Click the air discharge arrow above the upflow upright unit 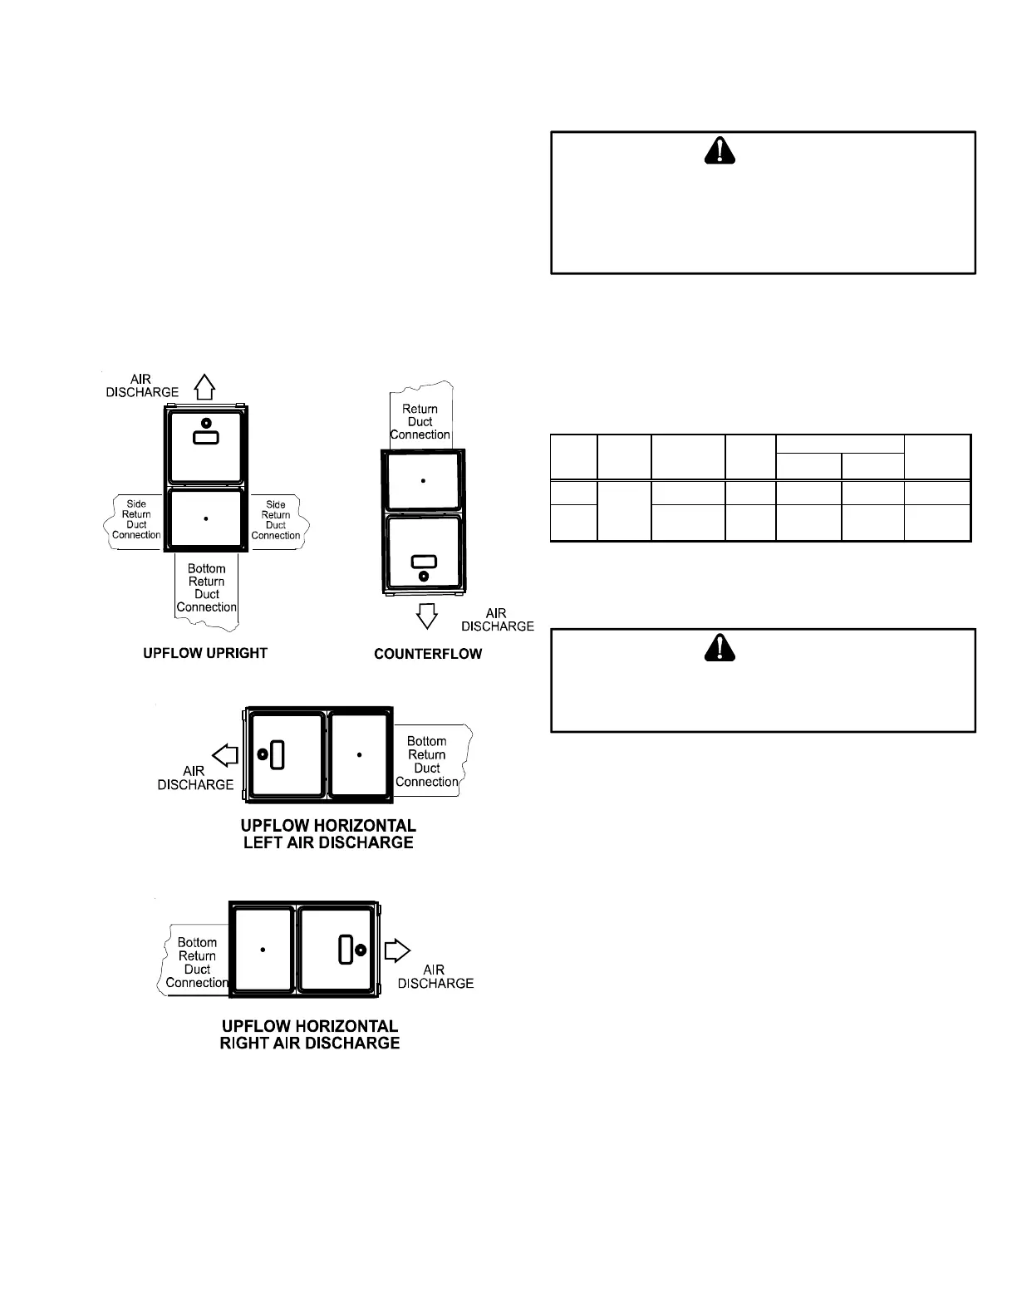205,386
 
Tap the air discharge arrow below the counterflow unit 427,616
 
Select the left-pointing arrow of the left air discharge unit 225,755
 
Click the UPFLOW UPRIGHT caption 205,653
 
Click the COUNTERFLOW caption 428,654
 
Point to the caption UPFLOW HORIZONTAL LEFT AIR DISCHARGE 328,834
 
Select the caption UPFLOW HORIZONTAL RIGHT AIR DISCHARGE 310,1034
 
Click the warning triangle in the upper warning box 720,150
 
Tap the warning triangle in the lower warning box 720,646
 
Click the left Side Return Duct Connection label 136,519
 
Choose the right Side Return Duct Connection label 276,519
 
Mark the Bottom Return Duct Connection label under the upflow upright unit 207,588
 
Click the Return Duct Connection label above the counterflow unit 420,421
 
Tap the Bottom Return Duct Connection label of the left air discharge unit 427,761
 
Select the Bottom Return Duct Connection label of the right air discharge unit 197,962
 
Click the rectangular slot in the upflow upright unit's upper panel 206,437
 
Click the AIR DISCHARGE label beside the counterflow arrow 497,620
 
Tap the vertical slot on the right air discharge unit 345,950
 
